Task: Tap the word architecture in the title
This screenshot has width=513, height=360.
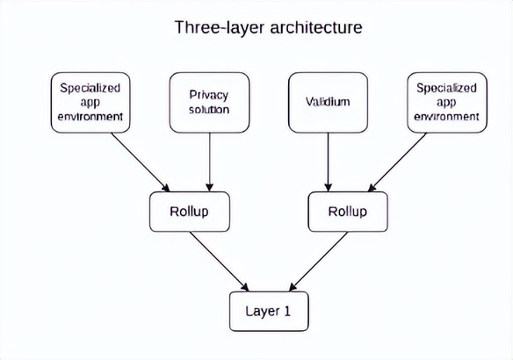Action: click(316, 27)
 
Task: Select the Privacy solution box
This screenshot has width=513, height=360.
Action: click(209, 103)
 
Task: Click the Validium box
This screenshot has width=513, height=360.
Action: click(329, 103)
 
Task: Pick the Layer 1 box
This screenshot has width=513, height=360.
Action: click(269, 312)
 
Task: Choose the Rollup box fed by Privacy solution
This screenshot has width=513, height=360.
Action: click(190, 212)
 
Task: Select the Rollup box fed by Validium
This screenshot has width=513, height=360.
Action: click(348, 212)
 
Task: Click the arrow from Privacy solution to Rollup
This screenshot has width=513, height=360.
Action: click(210, 162)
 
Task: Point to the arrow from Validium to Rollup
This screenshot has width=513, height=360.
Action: click(329, 162)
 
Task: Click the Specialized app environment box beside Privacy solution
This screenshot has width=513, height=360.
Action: click(90, 103)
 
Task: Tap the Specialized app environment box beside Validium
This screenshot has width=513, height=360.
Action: click(447, 103)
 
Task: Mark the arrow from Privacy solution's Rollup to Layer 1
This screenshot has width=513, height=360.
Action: click(220, 262)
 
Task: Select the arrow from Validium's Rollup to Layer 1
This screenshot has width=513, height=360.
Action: click(318, 262)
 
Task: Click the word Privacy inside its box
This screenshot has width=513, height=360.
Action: click(209, 95)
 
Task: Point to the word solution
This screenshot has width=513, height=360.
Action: click(209, 110)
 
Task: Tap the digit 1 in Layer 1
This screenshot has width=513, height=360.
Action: click(286, 311)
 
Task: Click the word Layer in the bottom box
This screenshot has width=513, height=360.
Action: click(263, 312)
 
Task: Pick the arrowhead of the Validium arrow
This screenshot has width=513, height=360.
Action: click(329, 187)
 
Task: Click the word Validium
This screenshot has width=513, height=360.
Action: click(328, 102)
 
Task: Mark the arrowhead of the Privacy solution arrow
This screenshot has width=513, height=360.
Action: click(210, 187)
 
